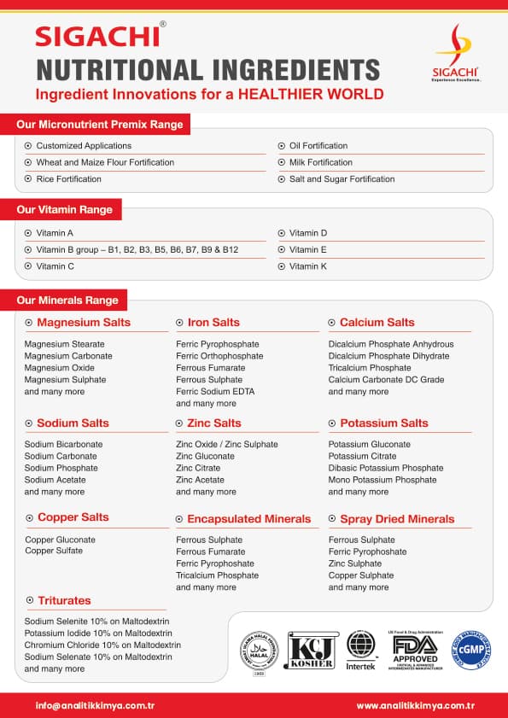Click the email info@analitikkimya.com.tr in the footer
(95, 706)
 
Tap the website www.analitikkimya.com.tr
(415, 706)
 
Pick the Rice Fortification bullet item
(68, 179)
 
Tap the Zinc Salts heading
(214, 423)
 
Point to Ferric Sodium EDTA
(215, 392)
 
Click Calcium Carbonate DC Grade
(386, 380)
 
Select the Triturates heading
(63, 601)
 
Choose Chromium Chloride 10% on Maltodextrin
(102, 645)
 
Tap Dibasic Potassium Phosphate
(386, 469)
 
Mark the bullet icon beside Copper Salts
(30, 517)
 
